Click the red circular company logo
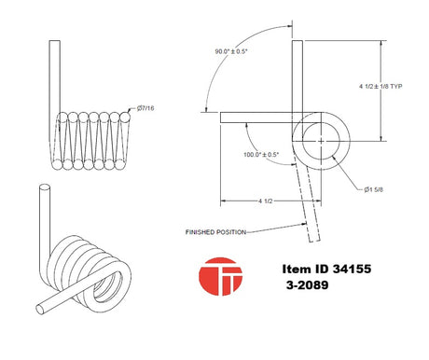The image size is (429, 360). coord(220,276)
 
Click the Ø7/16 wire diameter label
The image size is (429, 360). coord(145,108)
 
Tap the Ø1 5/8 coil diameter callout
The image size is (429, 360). coord(373,189)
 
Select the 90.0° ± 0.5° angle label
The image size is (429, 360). coord(231,51)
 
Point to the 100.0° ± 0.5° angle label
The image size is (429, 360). coord(261,155)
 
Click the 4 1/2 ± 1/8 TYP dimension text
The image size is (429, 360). coord(381,87)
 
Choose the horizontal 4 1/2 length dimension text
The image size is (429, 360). coord(265,201)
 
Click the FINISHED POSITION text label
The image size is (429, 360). coord(215,232)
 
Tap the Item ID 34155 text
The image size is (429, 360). coord(326,269)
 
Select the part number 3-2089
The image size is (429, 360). coord(307,285)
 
